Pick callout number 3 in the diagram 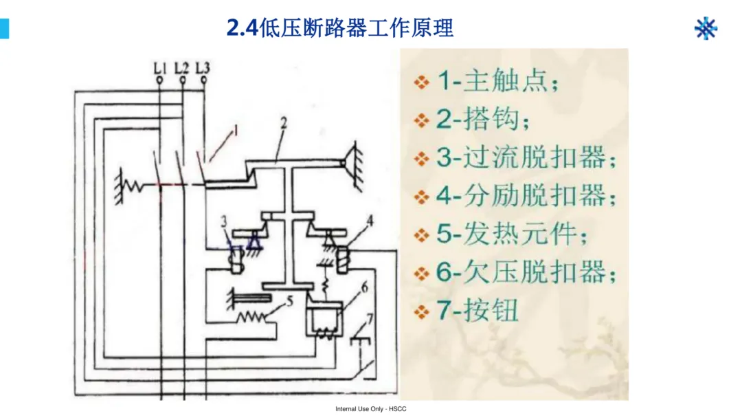[x=224, y=221]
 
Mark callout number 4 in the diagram [x=370, y=221]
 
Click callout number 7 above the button [x=370, y=319]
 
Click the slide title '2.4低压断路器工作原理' [x=340, y=28]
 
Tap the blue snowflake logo [x=706, y=28]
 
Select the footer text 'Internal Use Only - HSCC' [x=371, y=409]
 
